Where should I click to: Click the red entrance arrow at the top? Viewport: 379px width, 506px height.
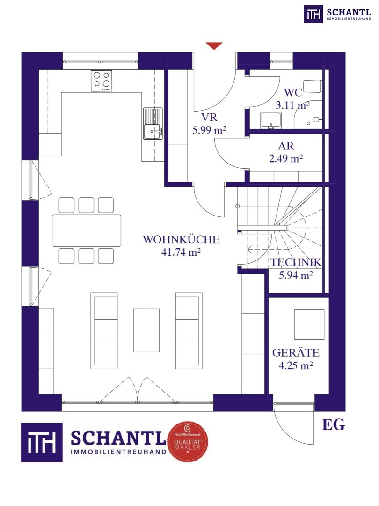pos(214,46)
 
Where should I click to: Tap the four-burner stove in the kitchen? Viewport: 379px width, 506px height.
pos(102,81)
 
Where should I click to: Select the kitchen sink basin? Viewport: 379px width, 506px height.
pos(153,132)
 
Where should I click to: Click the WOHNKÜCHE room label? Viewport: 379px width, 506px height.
pos(181,239)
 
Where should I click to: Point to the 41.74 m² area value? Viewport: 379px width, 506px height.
pos(181,252)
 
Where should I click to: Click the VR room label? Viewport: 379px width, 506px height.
pos(209,117)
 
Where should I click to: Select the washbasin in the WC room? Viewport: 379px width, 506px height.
pos(271,120)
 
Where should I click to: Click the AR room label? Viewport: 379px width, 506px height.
pos(286,146)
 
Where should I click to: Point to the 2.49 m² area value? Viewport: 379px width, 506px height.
pos(286,158)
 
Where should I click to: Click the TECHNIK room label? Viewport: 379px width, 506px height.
pos(296,262)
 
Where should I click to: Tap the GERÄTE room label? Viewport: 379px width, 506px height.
pos(296,353)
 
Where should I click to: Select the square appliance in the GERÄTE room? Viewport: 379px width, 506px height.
pos(309,324)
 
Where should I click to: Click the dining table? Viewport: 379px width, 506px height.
pos(87,231)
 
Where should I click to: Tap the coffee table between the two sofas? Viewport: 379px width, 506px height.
pos(146,330)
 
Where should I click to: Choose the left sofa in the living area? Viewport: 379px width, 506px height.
pos(104,331)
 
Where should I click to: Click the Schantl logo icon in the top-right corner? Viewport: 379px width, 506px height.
pos(313,14)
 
